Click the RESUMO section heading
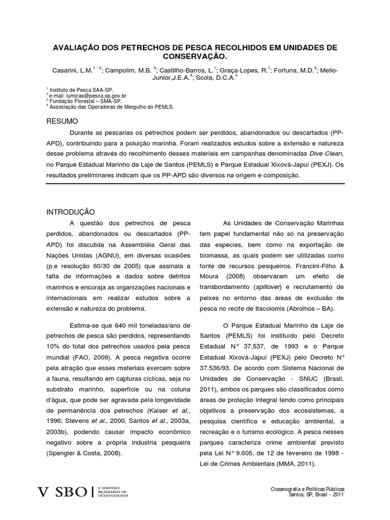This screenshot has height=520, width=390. click(x=62, y=122)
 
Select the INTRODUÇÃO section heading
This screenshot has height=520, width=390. click(x=71, y=212)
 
